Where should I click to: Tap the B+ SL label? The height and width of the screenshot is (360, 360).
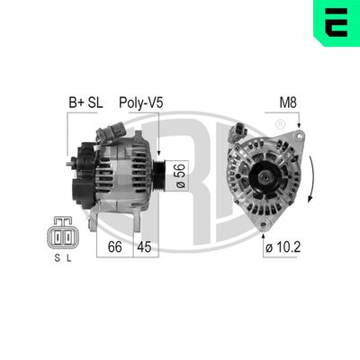87,103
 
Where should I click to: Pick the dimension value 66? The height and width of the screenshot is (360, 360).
114,246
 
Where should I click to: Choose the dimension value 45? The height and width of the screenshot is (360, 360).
144,246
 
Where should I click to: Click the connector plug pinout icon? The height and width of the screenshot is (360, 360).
59,237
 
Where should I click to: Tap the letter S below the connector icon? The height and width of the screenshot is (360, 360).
51,261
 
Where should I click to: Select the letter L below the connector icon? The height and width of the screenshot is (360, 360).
67,261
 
